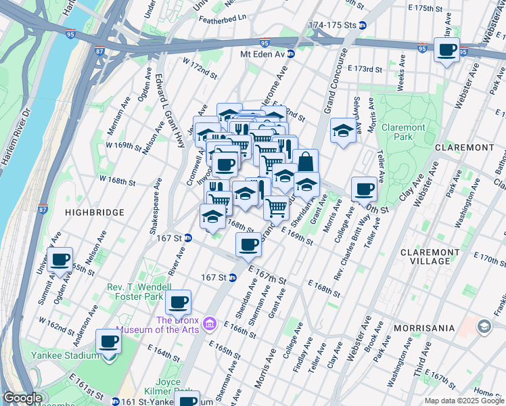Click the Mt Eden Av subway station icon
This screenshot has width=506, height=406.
(x=290, y=53)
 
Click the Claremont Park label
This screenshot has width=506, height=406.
(x=403, y=132)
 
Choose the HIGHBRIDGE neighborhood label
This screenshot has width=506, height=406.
(x=95, y=212)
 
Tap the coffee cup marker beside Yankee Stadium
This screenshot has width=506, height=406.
(x=108, y=342)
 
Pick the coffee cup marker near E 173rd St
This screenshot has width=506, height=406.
(x=446, y=50)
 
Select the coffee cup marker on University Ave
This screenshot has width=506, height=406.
(x=60, y=258)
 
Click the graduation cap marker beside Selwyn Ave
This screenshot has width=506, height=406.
(x=344, y=130)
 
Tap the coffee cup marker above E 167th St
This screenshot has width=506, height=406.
(x=249, y=244)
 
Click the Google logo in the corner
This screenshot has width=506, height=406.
(x=23, y=399)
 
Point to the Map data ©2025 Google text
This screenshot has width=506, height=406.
(x=463, y=401)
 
